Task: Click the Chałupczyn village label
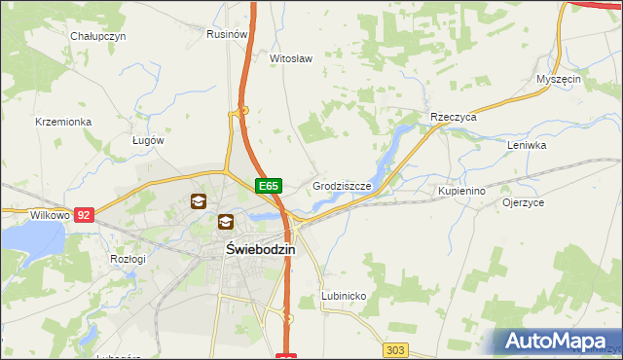tap(98, 36)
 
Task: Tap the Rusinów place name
tap(225, 33)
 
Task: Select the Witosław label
tap(290, 58)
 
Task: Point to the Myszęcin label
tap(559, 79)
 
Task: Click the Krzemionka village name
tap(62, 122)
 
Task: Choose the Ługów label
tap(148, 140)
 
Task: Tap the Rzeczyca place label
tap(453, 117)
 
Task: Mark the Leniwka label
tap(527, 145)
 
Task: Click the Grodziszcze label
tap(340, 185)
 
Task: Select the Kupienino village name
tap(461, 191)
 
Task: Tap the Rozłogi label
tap(128, 259)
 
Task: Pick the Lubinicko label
tap(344, 295)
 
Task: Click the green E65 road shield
tap(270, 185)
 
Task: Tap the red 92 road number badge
tap(84, 214)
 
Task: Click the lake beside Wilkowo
tap(29, 240)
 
